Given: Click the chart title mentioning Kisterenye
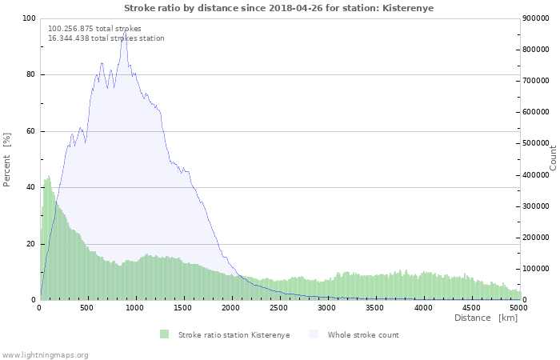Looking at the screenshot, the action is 279,8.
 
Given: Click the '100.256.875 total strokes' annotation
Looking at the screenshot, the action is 94,29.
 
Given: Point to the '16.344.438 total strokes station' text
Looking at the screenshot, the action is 106,38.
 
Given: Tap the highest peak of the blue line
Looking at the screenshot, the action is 125,31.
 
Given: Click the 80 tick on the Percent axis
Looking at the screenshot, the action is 30,74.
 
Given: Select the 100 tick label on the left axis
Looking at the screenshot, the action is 29,18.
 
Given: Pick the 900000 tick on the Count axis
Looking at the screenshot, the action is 535,18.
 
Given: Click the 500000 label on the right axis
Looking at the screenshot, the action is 535,143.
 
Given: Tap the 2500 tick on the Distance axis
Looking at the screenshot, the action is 278,308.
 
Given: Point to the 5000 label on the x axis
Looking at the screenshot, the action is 518,308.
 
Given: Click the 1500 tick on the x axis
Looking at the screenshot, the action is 183,308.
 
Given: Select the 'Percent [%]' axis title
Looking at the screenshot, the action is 6,160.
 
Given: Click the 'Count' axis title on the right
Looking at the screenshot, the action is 553,158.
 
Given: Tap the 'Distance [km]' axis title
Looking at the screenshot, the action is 486,318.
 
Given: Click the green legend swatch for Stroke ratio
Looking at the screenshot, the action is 164,334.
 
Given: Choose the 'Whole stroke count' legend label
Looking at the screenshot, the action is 363,335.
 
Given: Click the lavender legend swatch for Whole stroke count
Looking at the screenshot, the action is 314,334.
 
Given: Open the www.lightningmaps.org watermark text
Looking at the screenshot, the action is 44,355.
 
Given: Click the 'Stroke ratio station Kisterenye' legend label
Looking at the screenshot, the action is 234,335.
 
